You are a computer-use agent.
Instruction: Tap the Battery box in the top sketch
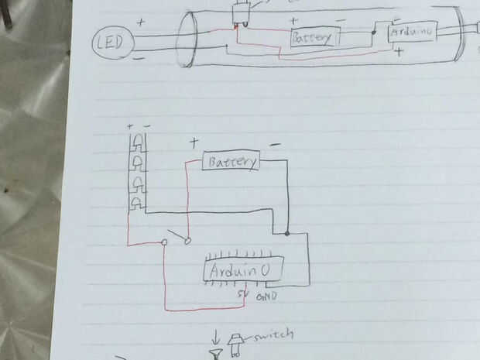click(x=314, y=37)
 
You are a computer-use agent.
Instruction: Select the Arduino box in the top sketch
click(x=412, y=32)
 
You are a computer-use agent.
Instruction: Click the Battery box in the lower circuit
click(x=231, y=162)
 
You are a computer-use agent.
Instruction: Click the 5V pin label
click(x=242, y=295)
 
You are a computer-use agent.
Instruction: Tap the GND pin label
click(x=266, y=296)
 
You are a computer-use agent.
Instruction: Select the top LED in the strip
click(x=138, y=142)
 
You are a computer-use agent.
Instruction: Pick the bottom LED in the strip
click(x=138, y=203)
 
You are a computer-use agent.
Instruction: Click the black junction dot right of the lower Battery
click(x=287, y=232)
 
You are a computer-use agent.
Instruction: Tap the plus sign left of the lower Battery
click(x=194, y=142)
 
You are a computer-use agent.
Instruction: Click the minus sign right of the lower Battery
click(x=275, y=145)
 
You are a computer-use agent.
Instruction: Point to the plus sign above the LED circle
click(x=141, y=22)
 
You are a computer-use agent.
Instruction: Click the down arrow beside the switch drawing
click(x=216, y=338)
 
